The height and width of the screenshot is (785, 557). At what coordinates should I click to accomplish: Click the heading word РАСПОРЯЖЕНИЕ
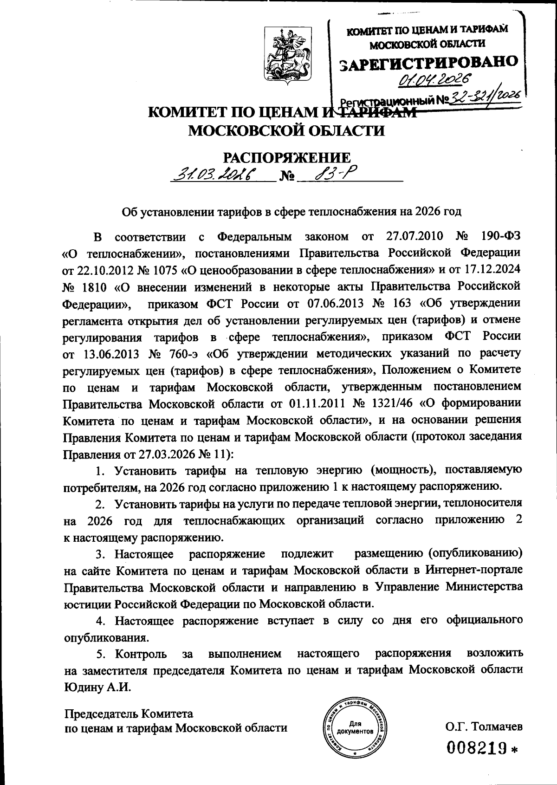click(288, 157)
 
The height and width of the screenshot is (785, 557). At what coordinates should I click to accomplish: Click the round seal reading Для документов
click(355, 729)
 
